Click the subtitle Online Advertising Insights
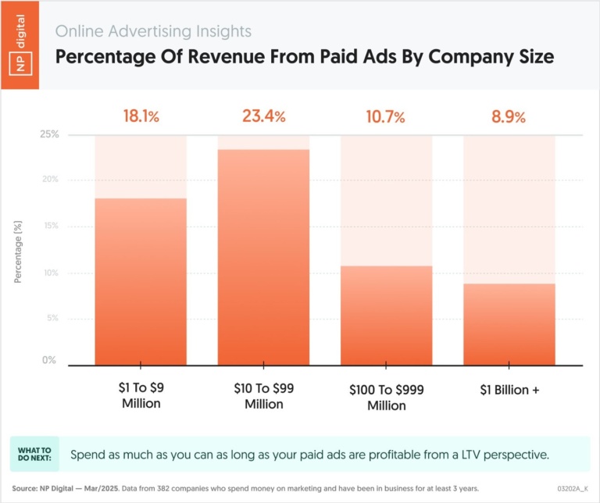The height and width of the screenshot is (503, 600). click(153, 32)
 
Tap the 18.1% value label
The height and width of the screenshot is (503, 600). click(141, 116)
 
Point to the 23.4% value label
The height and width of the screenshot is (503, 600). click(263, 116)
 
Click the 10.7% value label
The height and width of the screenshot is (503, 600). click(386, 117)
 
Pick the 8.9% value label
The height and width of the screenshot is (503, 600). click(509, 116)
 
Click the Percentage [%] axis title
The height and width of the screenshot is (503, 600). click(18, 250)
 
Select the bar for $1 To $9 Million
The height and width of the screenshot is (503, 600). click(141, 281)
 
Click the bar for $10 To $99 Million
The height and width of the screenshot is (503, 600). click(263, 258)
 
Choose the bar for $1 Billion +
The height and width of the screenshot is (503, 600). click(509, 324)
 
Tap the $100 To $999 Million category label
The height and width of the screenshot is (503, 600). click(386, 397)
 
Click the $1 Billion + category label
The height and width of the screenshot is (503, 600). click(509, 389)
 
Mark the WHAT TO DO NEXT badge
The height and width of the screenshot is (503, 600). click(35, 454)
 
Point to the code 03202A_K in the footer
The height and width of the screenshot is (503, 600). click(573, 488)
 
